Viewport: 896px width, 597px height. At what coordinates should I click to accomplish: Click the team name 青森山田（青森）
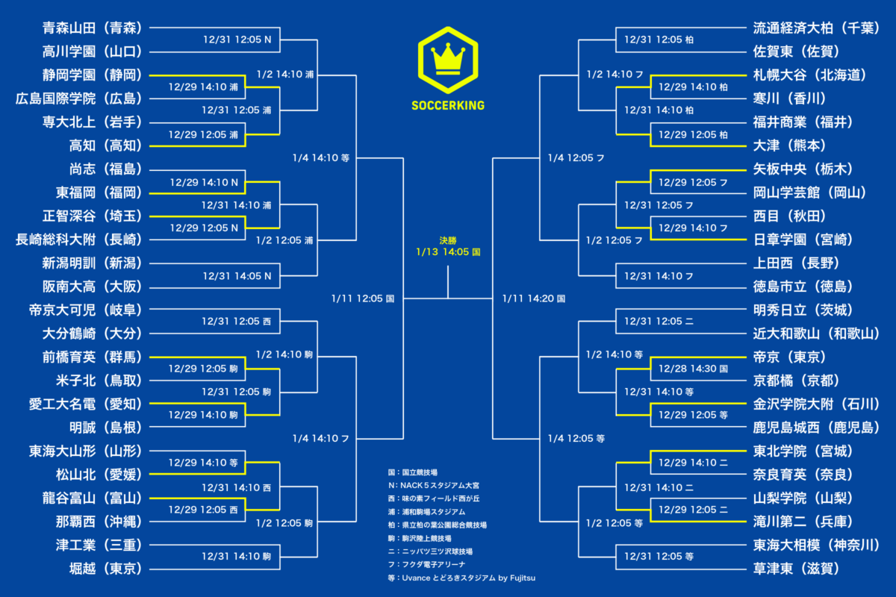93,28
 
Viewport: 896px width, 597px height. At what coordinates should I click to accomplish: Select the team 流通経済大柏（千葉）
816,28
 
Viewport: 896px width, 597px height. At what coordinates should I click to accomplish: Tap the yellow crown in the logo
448,59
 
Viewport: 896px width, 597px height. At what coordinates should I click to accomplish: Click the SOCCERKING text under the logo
448,105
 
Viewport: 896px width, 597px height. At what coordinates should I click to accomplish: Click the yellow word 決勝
448,240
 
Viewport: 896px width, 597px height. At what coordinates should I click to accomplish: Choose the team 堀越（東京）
106,569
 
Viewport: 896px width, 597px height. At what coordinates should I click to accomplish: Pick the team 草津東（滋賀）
797,569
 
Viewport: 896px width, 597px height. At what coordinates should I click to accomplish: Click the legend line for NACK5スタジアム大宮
434,486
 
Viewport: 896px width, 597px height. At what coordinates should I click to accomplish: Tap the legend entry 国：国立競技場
412,472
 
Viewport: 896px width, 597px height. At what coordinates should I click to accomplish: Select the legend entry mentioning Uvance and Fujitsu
461,578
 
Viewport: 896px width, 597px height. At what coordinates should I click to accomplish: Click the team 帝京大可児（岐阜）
86,310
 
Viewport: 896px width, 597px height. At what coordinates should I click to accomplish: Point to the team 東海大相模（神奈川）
816,545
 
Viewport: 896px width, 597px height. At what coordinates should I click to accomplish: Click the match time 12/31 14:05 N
237,276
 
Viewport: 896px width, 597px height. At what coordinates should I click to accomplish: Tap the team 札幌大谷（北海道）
809,75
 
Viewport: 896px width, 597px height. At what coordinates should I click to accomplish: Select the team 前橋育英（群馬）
93,357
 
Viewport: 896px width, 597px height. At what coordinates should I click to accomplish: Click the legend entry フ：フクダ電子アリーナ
426,565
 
